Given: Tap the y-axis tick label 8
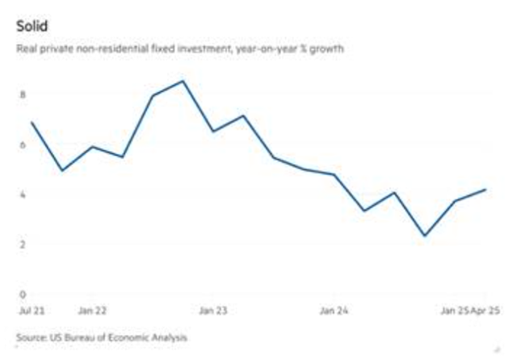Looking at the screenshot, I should tap(23, 94).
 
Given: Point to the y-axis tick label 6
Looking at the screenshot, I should tap(23, 144).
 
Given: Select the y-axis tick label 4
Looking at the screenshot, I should tap(23, 195).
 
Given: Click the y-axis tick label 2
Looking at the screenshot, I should tap(23, 244).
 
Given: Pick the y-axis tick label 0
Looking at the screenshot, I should tap(23, 294).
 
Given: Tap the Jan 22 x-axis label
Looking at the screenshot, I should tap(93, 310).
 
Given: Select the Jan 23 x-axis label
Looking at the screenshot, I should tap(213, 310).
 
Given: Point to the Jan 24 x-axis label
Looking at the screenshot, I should tap(334, 310).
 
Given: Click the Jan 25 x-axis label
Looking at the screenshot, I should tap(452, 310).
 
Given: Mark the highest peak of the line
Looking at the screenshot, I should tap(183, 81).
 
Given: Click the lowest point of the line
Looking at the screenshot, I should tap(425, 236).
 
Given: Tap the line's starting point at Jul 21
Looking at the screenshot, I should tap(31, 123).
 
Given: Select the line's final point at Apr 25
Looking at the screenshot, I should tap(485, 190).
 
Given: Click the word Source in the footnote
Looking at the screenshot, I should tap(30, 336).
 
